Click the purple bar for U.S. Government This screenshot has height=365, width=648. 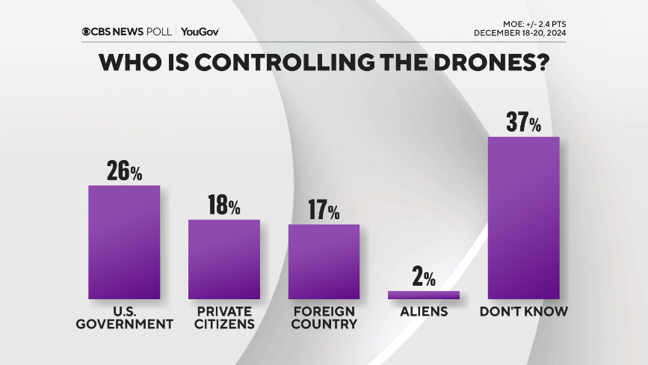pyautogui.click(x=124, y=242)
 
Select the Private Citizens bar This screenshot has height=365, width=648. pyautogui.click(x=223, y=259)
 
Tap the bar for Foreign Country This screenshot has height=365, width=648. pyautogui.click(x=324, y=262)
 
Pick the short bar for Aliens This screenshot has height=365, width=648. pyautogui.click(x=423, y=295)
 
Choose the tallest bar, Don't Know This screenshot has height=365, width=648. pyautogui.click(x=523, y=218)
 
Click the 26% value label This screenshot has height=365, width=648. pyautogui.click(x=124, y=171)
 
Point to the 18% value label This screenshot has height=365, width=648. pyautogui.click(x=223, y=206)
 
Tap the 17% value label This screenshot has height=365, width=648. pyautogui.click(x=324, y=210)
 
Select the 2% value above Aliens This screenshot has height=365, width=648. pyautogui.click(x=423, y=278)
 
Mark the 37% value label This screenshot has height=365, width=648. pyautogui.click(x=523, y=123)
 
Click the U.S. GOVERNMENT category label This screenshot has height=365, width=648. pyautogui.click(x=124, y=317)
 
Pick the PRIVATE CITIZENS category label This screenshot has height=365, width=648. pyautogui.click(x=223, y=317)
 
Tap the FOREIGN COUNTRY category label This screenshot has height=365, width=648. pyautogui.click(x=324, y=317)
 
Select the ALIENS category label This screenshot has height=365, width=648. pyautogui.click(x=423, y=310)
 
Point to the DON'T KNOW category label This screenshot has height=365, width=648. pyautogui.click(x=523, y=310)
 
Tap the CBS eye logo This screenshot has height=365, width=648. pyautogui.click(x=87, y=31)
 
